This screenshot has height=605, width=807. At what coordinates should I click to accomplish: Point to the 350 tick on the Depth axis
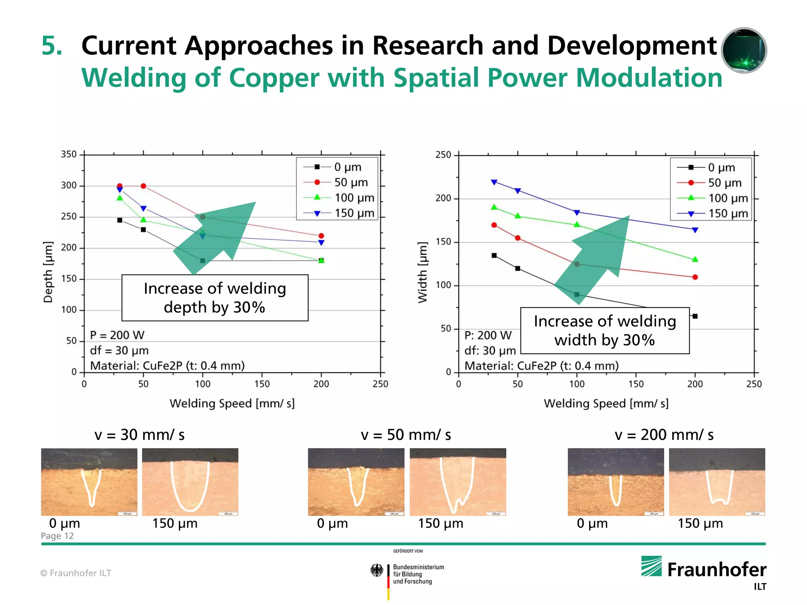[69, 154]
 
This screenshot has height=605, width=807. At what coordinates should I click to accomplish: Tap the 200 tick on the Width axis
[443, 199]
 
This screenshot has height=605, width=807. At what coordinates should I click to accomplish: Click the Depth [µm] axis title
[48, 272]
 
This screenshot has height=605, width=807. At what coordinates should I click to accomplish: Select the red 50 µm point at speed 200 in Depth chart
[321, 236]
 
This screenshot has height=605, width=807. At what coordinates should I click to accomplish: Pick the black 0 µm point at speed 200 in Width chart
[695, 316]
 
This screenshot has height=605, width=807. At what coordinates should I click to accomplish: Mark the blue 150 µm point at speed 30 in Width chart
[494, 182]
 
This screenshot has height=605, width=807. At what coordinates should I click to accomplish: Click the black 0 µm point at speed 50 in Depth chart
[143, 230]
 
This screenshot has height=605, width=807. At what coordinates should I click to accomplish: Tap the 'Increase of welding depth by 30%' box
[215, 298]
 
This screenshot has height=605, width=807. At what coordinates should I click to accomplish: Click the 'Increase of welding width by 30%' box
[605, 331]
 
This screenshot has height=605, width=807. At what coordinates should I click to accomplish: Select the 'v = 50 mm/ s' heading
[406, 435]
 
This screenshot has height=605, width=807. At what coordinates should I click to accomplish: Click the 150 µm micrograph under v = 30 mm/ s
[190, 482]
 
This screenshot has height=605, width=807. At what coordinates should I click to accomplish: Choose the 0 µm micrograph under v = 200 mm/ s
[615, 482]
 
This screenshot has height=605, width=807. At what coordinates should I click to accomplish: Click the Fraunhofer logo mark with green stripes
[651, 566]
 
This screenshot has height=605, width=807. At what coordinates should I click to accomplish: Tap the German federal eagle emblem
[377, 570]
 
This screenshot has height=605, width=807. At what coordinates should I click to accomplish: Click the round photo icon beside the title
[744, 50]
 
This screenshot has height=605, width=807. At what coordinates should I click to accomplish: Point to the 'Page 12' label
[57, 536]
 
